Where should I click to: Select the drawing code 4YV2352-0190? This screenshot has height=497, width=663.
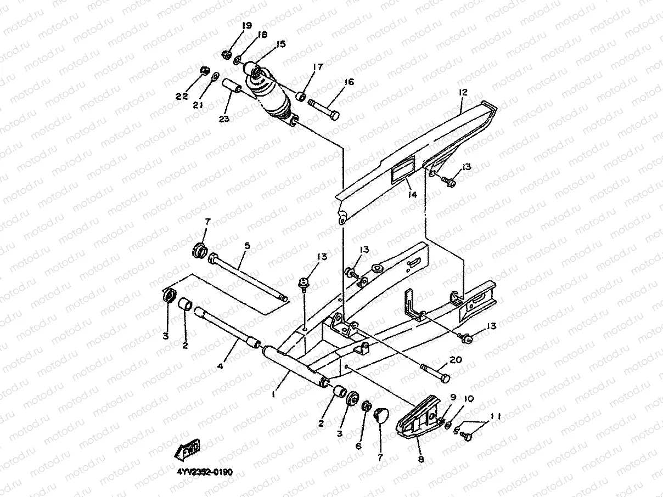204,471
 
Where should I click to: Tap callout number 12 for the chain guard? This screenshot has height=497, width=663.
463,92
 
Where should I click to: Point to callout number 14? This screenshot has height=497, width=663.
412,195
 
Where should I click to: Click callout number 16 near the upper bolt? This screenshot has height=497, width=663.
349,82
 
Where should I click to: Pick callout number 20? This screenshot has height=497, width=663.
456,360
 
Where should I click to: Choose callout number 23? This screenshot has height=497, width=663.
224,118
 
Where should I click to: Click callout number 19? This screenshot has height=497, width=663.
247,26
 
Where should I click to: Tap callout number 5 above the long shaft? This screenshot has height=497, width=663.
247,246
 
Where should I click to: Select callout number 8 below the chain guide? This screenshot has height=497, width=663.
421,459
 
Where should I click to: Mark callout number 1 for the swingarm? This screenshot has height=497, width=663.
273,394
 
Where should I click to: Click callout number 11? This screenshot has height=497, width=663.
496,417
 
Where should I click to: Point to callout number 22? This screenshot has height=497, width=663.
182,97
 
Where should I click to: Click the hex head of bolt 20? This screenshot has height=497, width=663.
445,378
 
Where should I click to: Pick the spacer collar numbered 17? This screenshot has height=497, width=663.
301,97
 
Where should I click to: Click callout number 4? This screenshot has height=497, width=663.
221,366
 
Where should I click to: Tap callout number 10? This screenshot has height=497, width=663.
469,399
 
